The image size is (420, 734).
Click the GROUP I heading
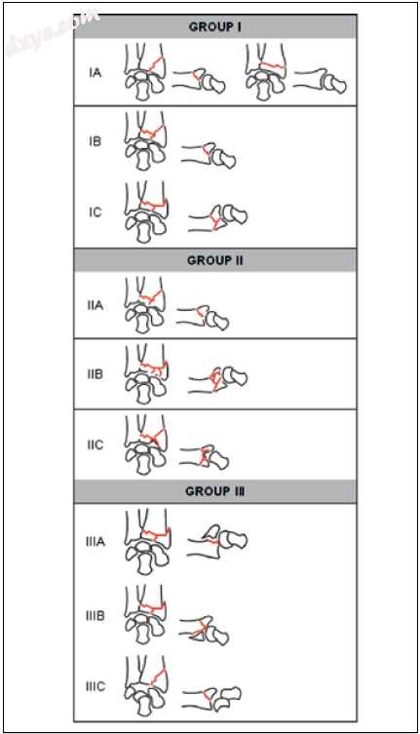click(215, 26)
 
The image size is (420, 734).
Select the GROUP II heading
click(215, 260)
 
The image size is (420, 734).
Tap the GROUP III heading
click(215, 491)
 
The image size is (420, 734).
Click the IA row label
click(95, 72)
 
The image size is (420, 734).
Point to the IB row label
click(95, 141)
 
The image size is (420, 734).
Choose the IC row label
click(95, 212)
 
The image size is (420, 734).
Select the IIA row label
click(95, 306)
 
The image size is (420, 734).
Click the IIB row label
click(95, 374)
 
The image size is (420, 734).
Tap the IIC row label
click(95, 444)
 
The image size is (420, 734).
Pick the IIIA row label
click(95, 542)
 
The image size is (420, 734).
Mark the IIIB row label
click(95, 616)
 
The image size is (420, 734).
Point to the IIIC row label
click(95, 686)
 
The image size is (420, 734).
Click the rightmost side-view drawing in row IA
click(321, 81)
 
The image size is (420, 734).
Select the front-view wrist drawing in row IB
click(145, 141)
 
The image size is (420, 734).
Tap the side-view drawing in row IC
click(217, 217)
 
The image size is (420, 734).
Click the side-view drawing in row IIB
click(217, 378)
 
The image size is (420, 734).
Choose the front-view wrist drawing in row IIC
click(145, 444)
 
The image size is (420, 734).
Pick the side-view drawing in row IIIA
click(217, 542)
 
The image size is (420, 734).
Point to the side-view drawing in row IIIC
click(211, 699)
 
